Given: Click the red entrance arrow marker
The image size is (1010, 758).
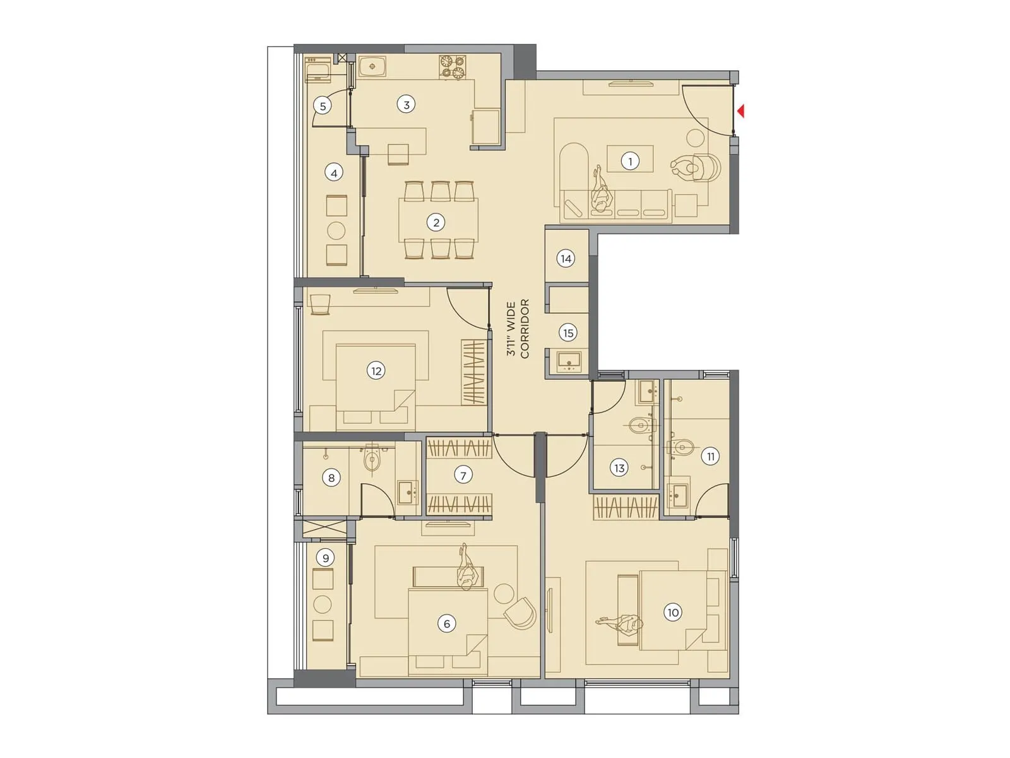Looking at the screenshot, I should pyautogui.click(x=741, y=111).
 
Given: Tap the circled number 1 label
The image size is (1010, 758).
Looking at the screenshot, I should pyautogui.click(x=629, y=161).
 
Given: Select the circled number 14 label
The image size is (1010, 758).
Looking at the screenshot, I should pyautogui.click(x=566, y=258).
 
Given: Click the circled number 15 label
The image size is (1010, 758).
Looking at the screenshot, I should pyautogui.click(x=568, y=333).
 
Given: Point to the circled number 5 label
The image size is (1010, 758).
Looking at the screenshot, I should pyautogui.click(x=323, y=106).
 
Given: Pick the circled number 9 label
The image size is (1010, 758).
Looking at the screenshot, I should pyautogui.click(x=326, y=558).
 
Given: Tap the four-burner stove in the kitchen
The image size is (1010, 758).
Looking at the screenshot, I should pyautogui.click(x=453, y=68).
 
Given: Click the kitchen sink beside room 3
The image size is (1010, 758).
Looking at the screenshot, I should pyautogui.click(x=372, y=66).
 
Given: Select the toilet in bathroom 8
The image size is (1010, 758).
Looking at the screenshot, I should pyautogui.click(x=372, y=459).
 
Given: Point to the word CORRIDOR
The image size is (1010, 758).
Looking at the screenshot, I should pyautogui.click(x=525, y=330).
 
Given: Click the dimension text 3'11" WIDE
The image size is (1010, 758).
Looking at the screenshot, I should pyautogui.click(x=511, y=330).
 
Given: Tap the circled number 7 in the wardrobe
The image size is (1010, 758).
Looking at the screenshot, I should pyautogui.click(x=463, y=475).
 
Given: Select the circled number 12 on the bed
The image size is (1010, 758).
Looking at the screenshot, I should pyautogui.click(x=376, y=371).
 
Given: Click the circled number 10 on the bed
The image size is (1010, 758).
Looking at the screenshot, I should pyautogui.click(x=673, y=612).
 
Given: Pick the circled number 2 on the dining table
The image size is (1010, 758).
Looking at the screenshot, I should pyautogui.click(x=436, y=222).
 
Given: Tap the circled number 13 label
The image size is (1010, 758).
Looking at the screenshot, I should pyautogui.click(x=619, y=468).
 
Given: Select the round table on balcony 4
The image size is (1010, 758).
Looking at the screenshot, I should pyautogui.click(x=336, y=231).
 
